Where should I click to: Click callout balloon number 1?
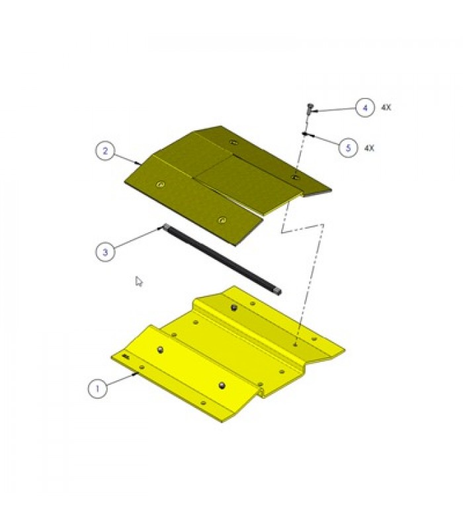[x=98, y=388]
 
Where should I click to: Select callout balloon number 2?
[x=105, y=151]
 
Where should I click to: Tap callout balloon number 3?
[x=105, y=252]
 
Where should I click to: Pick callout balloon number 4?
[x=365, y=108]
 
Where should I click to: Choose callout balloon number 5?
[x=348, y=147]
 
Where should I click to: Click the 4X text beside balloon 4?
[x=386, y=108]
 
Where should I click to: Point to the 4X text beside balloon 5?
[x=369, y=148]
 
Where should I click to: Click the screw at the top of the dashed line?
[x=310, y=108]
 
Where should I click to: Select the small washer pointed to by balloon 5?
[x=305, y=134]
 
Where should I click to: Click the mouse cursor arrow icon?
[x=138, y=282]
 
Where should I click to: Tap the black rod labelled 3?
[x=222, y=260]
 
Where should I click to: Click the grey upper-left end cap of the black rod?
[x=166, y=227]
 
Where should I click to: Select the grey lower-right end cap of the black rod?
[x=278, y=292]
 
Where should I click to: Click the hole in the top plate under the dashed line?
[x=295, y=177]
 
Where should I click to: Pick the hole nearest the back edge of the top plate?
[x=233, y=142]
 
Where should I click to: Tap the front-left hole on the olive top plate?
[x=161, y=184]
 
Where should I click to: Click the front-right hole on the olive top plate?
[x=222, y=220]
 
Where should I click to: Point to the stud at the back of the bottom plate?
[x=233, y=307]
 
